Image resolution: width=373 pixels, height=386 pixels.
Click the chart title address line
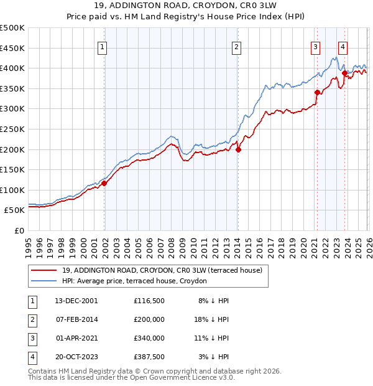186,7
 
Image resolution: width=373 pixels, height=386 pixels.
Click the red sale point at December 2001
104,183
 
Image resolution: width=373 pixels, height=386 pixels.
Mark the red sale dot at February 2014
238,149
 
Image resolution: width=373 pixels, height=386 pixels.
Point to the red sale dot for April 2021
317,93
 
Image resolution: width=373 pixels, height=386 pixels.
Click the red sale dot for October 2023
344,73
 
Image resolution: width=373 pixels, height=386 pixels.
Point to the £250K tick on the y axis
12,129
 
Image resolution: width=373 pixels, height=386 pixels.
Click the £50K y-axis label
14,210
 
